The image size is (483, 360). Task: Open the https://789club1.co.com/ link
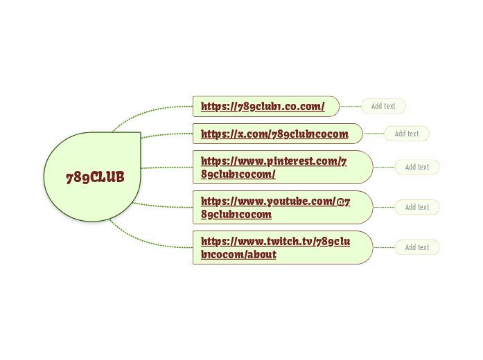[x=263, y=106]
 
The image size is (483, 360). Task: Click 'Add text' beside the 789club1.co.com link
[x=383, y=106]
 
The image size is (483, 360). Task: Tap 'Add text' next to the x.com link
[x=407, y=134]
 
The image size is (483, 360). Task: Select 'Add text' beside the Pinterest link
[x=417, y=167]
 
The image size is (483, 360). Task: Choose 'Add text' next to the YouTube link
[x=417, y=207]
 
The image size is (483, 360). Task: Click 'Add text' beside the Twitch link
[x=417, y=247]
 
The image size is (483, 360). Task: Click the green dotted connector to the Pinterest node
[x=166, y=167]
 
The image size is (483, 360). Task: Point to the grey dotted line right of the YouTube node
[x=384, y=207]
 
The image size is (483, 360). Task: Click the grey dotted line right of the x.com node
[x=374, y=134]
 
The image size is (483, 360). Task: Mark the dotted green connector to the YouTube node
[x=166, y=206]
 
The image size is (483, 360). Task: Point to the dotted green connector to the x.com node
[x=166, y=134]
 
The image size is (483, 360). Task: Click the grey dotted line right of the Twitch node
[x=384, y=247]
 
